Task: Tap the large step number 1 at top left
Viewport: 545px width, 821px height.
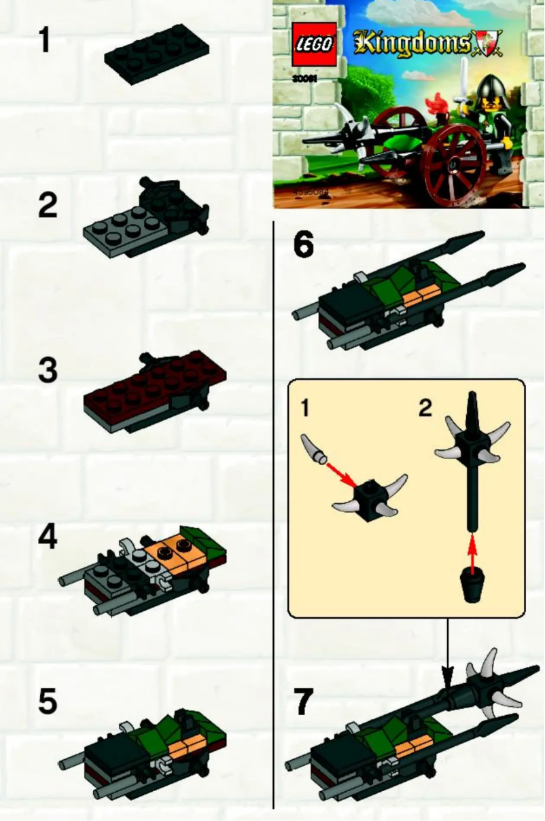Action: pos(44,40)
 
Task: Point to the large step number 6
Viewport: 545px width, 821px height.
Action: pos(303,245)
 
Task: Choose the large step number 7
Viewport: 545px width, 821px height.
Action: pos(304,701)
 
